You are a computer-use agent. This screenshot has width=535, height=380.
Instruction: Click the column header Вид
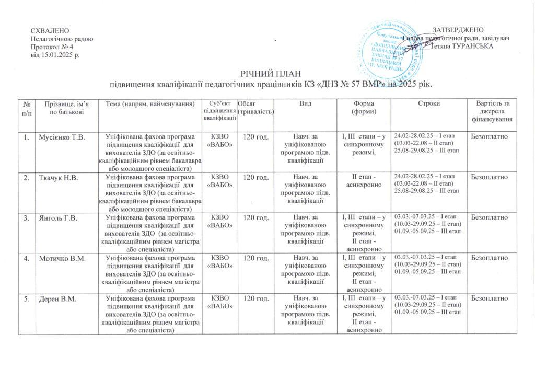click(x=306, y=103)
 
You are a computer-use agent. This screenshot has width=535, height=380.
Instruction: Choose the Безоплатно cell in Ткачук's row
click(x=490, y=178)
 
